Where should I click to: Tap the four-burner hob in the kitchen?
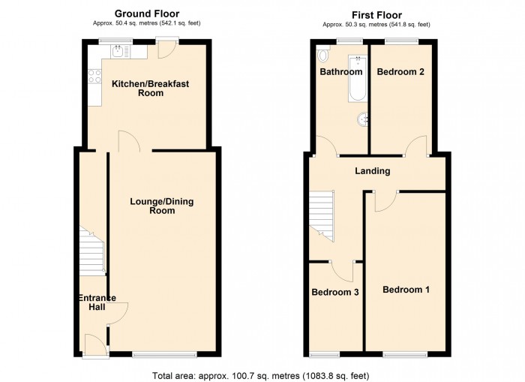pos(94,76)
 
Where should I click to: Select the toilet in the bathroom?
pos(322,55)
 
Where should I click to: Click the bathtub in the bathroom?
pos(358,78)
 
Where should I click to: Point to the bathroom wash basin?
pos(363,119)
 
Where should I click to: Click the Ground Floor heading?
pos(147,14)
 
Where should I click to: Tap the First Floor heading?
pos(376,15)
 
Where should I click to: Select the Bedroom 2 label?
pos(400,72)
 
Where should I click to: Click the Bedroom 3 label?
pos(334,292)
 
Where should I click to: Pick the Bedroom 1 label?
pos(406,290)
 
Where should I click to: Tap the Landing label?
pos(373,171)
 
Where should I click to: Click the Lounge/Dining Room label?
pos(162,206)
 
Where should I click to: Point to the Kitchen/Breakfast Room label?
pos(150,88)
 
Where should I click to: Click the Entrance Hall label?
pos(97,302)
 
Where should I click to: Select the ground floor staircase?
pos(92,251)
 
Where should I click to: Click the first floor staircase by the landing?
pos(322,216)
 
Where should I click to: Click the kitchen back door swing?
pos(166,50)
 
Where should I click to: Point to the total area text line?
pos(261,376)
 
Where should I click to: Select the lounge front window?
pos(165,354)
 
